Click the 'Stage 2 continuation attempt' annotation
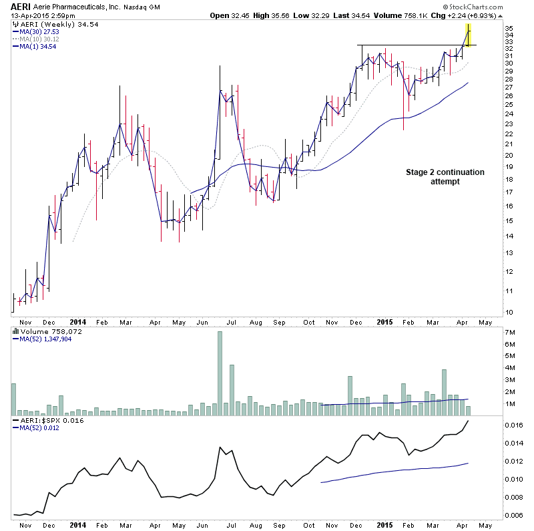point(445,177)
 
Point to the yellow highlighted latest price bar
point(469,35)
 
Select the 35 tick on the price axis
point(510,28)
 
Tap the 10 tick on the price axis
point(510,312)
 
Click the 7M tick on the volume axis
point(511,333)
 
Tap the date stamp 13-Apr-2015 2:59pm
point(40,15)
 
